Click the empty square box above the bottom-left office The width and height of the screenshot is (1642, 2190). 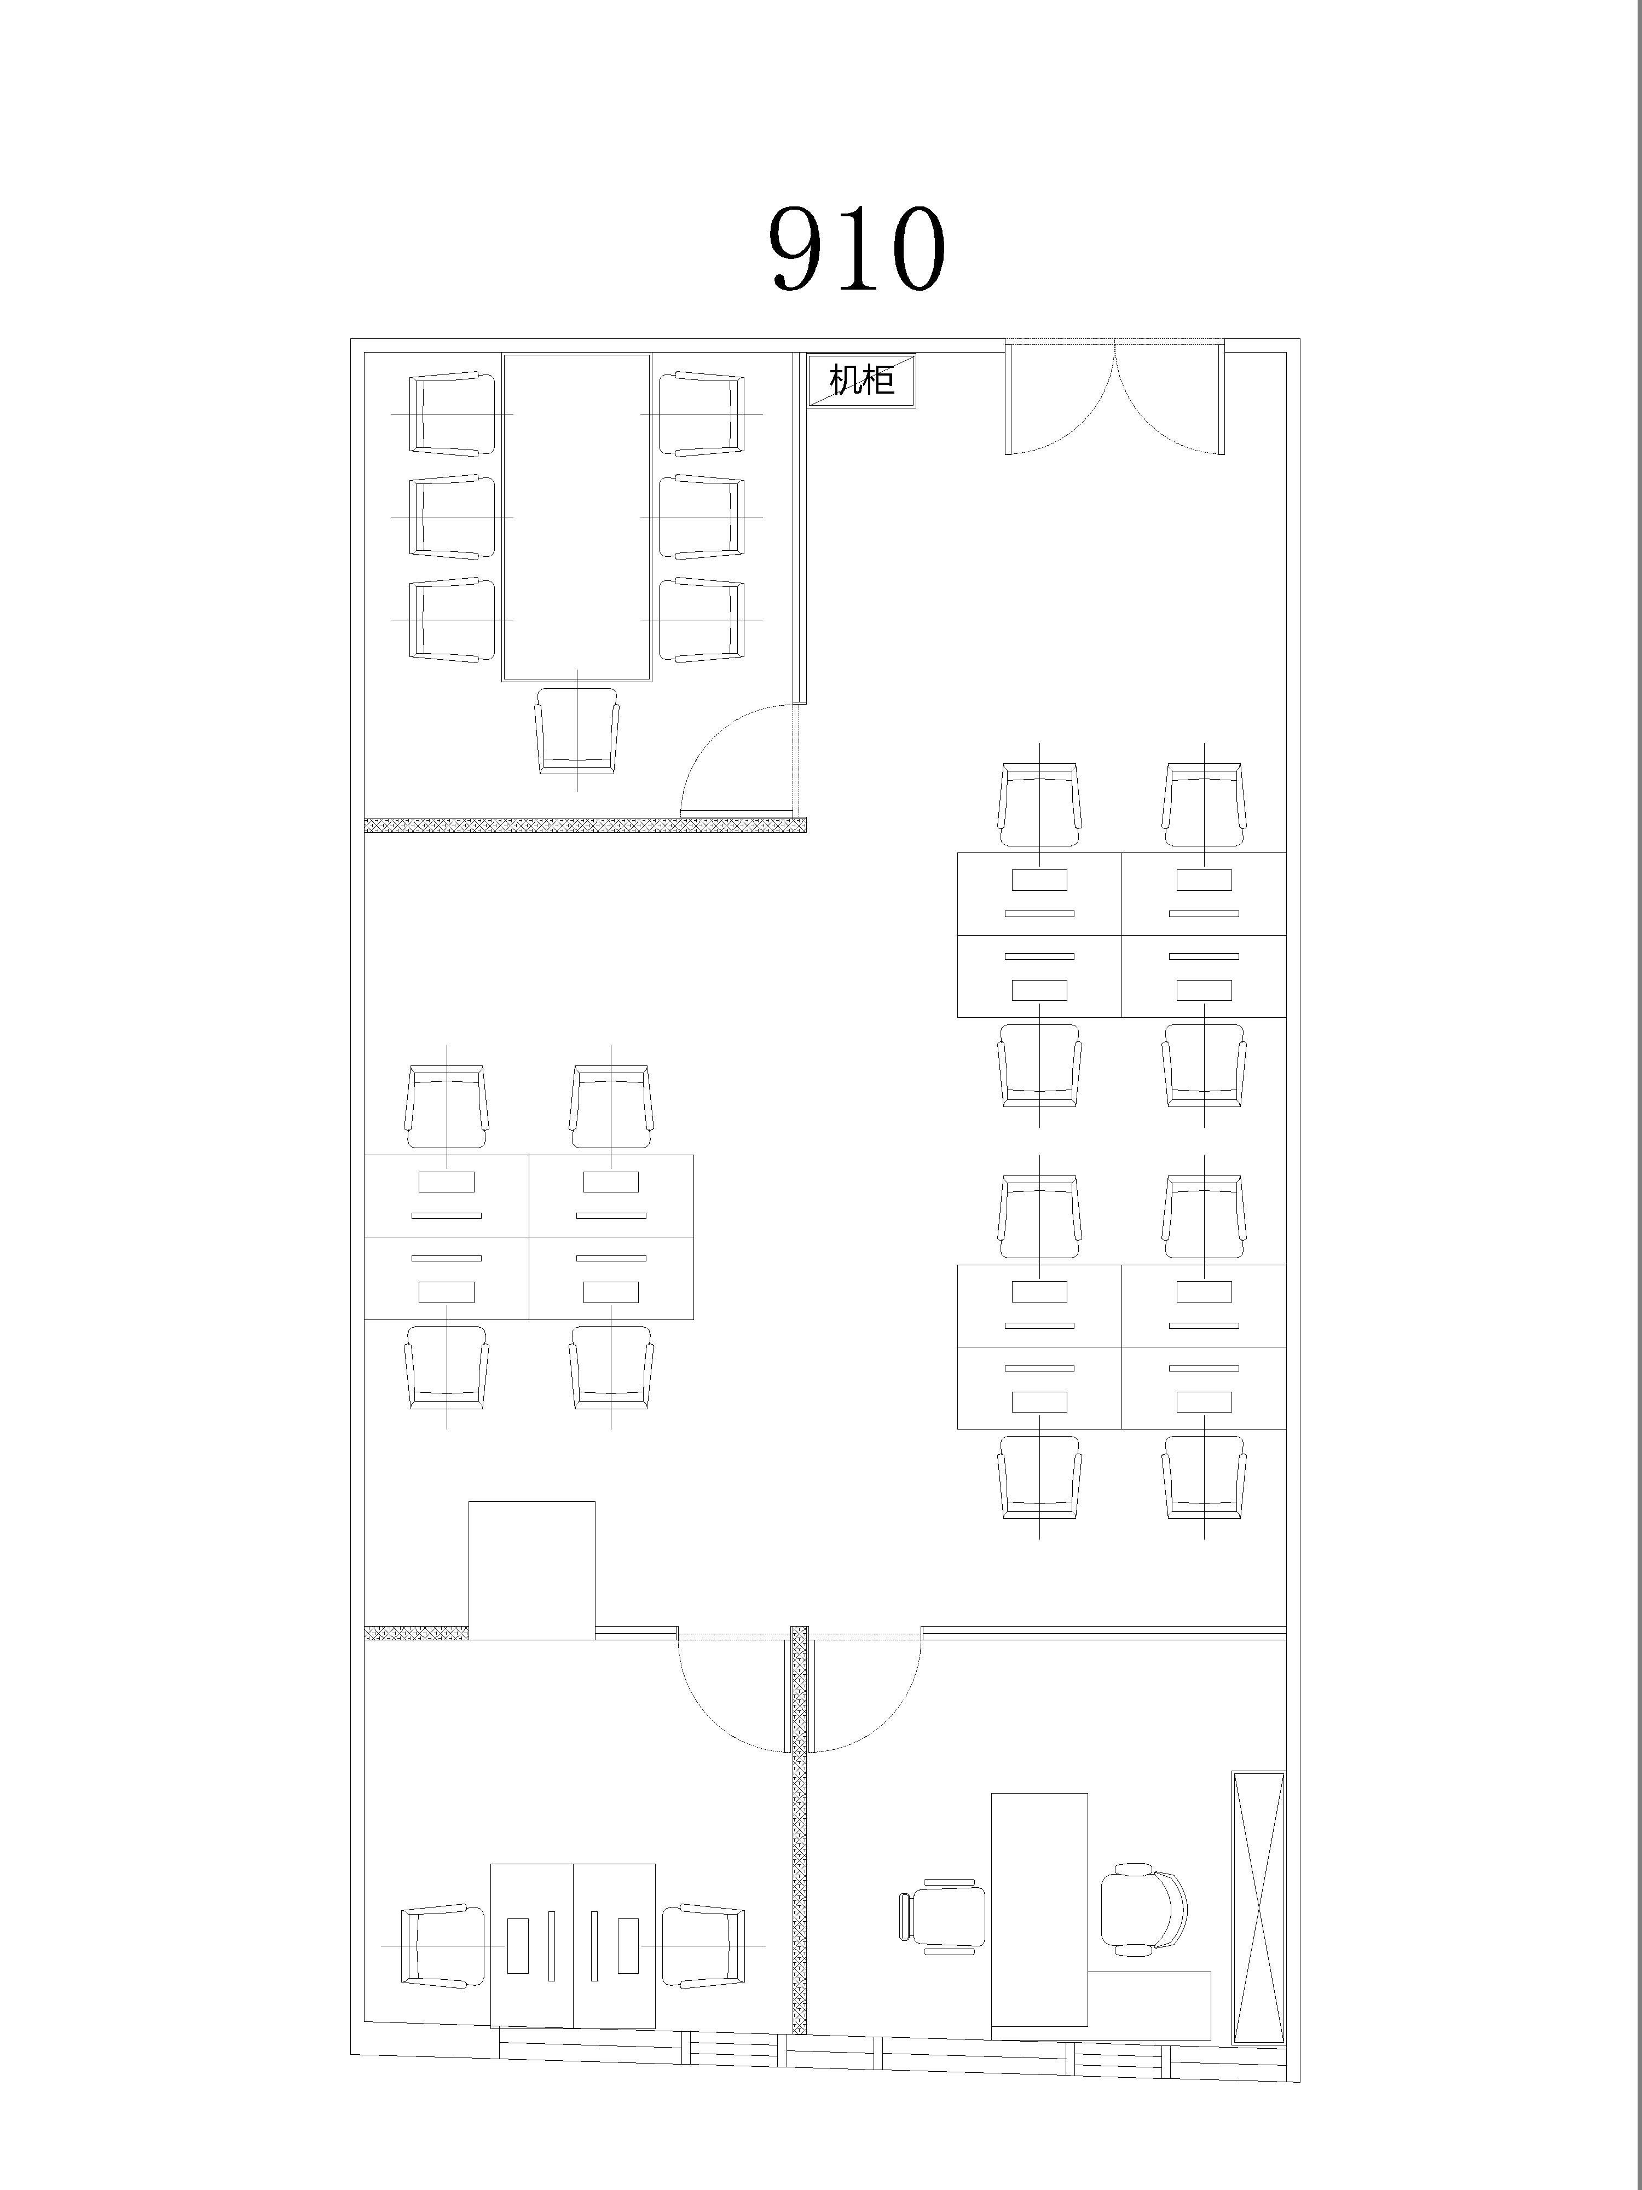coord(531,1569)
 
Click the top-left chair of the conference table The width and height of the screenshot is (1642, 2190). coord(452,414)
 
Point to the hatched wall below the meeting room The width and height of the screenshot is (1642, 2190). coord(585,825)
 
